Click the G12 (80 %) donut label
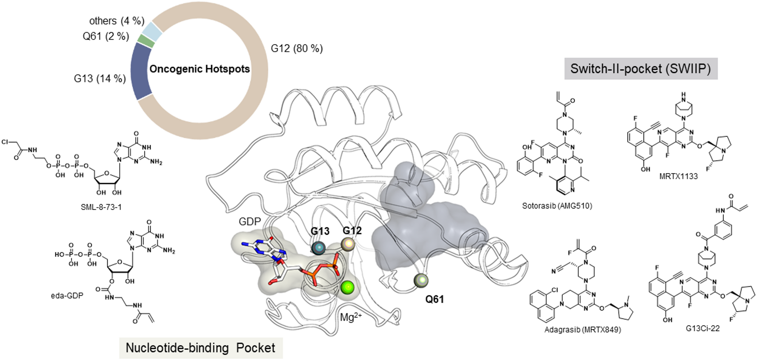[x=297, y=49]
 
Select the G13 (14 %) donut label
[x=100, y=78]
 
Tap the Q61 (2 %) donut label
[x=106, y=36]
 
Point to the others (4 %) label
[x=117, y=21]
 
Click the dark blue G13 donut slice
[x=140, y=71]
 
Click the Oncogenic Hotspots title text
[x=199, y=69]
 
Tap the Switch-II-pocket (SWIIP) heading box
[x=641, y=69]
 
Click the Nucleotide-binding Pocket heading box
[x=201, y=348]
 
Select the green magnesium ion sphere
[x=347, y=288]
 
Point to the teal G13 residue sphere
[x=319, y=248]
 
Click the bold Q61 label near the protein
[x=434, y=299]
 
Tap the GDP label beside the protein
[x=250, y=222]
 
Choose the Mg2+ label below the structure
[x=351, y=317]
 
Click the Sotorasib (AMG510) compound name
[x=557, y=206]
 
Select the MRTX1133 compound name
[x=678, y=176]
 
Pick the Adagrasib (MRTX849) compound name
[x=582, y=330]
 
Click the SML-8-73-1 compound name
[x=101, y=207]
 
